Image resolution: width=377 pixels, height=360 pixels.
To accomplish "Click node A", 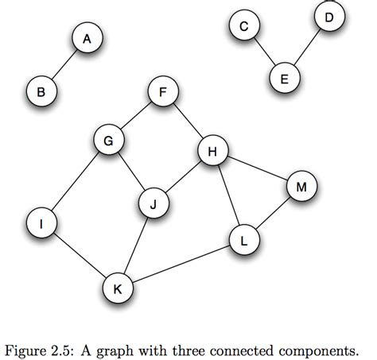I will click(87, 38).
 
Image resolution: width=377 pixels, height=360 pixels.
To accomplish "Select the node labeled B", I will click(41, 92).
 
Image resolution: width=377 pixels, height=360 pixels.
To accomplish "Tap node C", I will click(244, 27).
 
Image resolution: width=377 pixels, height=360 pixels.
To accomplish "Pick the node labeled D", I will click(328, 17).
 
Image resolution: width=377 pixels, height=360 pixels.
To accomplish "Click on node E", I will click(285, 78).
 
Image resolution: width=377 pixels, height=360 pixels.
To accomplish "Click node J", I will click(153, 203).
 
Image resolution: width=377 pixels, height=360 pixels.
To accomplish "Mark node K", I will click(117, 288).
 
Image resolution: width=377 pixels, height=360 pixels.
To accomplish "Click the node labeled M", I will click(301, 187).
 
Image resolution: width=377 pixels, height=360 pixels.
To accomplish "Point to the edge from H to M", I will click(256, 168).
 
